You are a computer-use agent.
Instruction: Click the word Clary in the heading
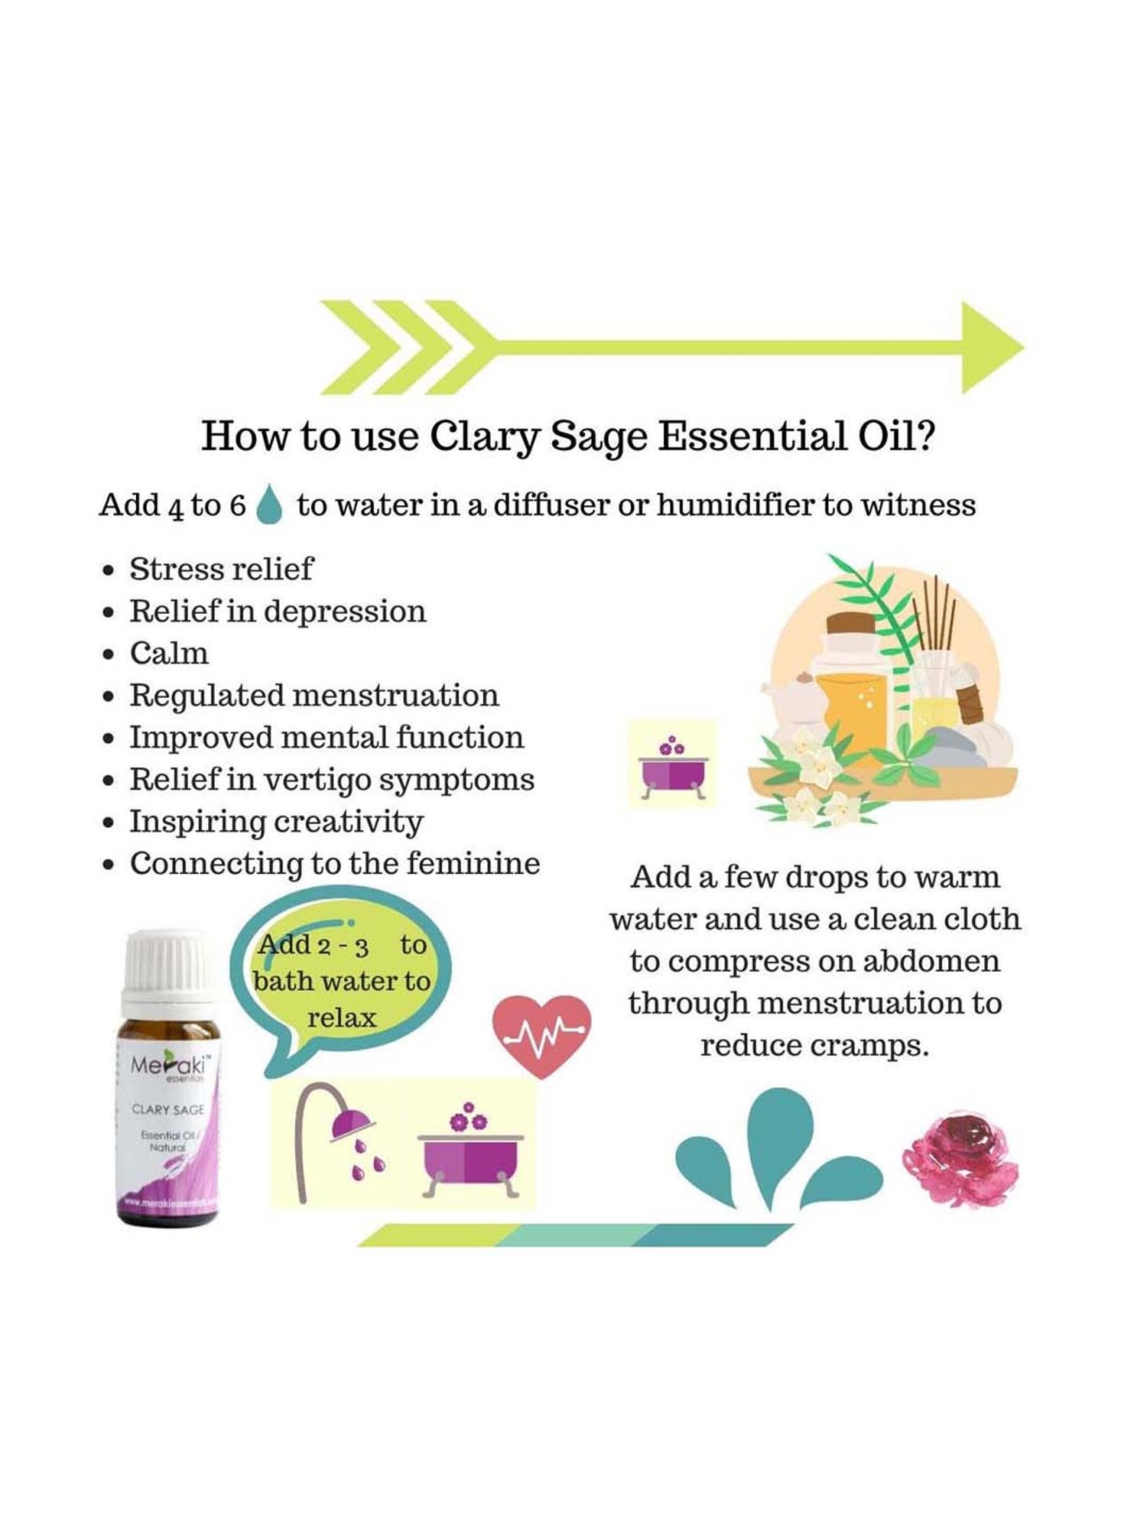click(x=483, y=437)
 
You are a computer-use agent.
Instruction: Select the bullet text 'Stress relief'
click(x=221, y=570)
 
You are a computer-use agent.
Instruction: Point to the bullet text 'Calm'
click(x=169, y=654)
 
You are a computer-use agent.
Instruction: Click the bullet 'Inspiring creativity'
click(x=276, y=822)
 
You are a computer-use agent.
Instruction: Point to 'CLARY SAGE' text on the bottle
click(x=167, y=1109)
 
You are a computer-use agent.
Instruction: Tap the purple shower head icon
click(x=351, y=1125)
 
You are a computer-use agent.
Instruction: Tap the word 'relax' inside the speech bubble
click(x=342, y=1018)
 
